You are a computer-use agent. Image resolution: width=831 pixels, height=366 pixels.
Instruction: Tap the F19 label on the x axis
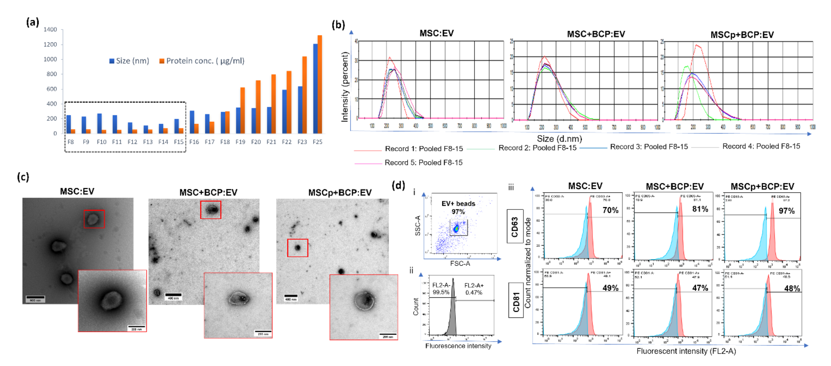[x=240, y=142]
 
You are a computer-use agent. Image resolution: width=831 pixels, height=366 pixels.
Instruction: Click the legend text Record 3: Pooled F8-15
[x=649, y=147]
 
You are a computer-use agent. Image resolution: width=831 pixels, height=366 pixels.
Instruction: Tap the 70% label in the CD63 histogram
[x=610, y=210]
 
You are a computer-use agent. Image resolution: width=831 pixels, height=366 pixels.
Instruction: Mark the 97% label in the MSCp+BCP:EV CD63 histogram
[x=787, y=211]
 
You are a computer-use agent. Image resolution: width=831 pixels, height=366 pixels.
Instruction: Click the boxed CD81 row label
[x=516, y=300]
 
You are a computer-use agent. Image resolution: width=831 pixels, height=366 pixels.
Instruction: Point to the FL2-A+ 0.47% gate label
[x=474, y=289]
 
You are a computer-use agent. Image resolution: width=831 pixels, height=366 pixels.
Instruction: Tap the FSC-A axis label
[x=460, y=263]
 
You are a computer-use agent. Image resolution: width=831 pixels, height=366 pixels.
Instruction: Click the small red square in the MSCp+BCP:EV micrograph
[x=297, y=248]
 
